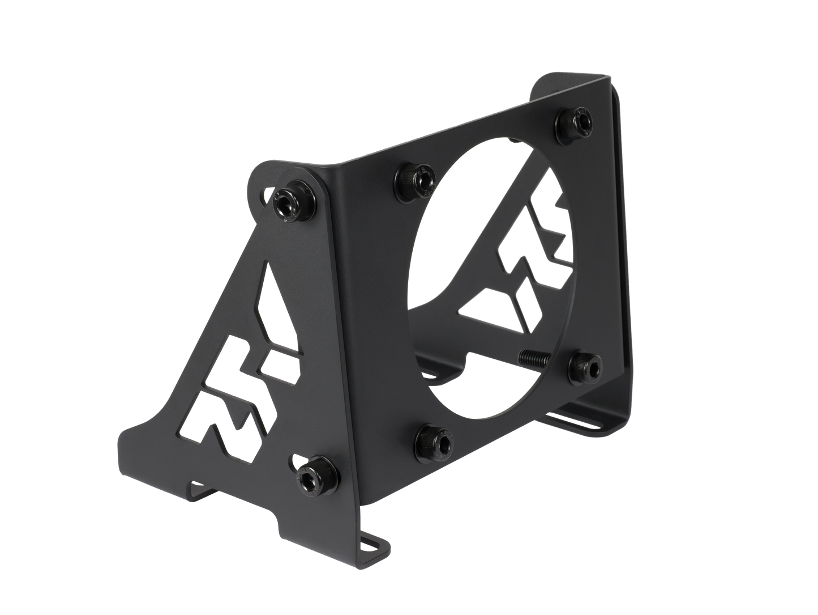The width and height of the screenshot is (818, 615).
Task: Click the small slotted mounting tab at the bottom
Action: (372, 545)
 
